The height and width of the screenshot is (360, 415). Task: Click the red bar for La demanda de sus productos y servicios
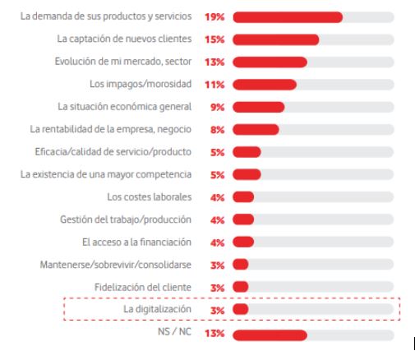coord(288,16)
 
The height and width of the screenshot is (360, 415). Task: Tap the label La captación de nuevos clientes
coord(124,39)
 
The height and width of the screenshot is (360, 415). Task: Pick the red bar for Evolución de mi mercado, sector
coord(270,62)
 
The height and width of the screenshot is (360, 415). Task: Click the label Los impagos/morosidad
coord(140,84)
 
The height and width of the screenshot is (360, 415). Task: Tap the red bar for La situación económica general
coord(258,107)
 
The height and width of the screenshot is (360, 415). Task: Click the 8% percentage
coord(218,129)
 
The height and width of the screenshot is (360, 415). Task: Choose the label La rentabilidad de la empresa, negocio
coord(110,129)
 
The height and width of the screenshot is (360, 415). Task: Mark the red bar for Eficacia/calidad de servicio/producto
coord(247,152)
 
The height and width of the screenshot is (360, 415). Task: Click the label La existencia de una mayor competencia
coord(106,174)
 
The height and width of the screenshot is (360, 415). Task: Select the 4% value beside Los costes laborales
coord(218,197)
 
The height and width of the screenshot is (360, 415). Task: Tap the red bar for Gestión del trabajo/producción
coord(243,219)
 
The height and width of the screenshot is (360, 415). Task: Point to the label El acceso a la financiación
coord(136,242)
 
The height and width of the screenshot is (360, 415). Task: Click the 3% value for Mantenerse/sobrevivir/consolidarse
coord(218,265)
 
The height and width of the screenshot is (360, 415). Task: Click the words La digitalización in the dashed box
coord(157,309)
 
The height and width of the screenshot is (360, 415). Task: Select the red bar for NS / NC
coord(270,335)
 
